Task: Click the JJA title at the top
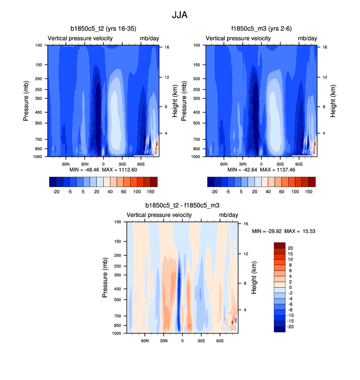(180, 15)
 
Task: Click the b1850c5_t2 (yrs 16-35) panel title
(103, 28)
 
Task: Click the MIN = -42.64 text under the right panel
(242, 170)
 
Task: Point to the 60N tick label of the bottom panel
(145, 340)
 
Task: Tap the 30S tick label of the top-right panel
(280, 163)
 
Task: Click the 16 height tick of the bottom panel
(246, 223)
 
